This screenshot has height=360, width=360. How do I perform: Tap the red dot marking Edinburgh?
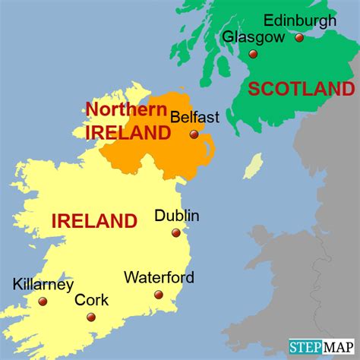click(x=299, y=37)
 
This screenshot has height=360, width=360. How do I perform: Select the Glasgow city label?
click(x=254, y=37)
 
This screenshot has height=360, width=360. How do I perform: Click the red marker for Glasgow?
click(x=253, y=54)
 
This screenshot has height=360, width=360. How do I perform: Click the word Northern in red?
click(x=126, y=109)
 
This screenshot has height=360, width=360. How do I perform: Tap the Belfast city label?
click(x=195, y=117)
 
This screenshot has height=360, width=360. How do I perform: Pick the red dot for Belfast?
click(x=194, y=134)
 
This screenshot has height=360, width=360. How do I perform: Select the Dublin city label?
click(x=177, y=216)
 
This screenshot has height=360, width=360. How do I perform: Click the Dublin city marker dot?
click(x=175, y=233)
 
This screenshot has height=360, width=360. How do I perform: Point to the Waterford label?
click(x=159, y=277)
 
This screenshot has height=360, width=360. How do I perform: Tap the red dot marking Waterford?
click(x=158, y=295)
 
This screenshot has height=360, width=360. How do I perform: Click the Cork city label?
click(x=87, y=300)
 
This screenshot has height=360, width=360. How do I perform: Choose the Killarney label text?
click(x=43, y=285)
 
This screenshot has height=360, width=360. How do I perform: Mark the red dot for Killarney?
click(x=42, y=302)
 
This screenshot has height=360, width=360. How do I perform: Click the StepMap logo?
click(x=323, y=348)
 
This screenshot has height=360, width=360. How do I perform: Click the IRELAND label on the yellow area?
click(x=94, y=222)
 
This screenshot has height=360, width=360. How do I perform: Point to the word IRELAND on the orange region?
click(x=128, y=134)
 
